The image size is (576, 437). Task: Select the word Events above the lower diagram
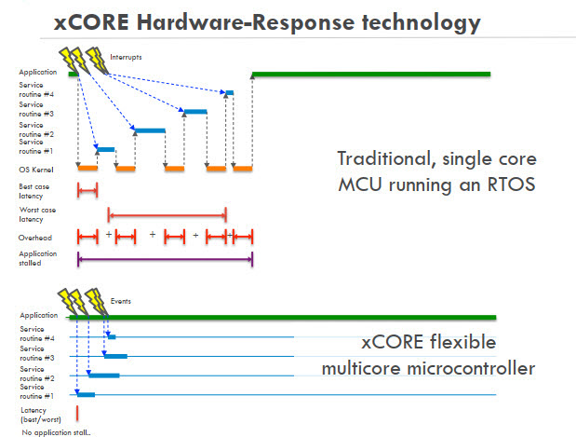[120, 302]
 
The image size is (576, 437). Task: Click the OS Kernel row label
[34, 170]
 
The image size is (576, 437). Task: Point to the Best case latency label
[33, 190]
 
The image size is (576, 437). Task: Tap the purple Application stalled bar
[165, 258]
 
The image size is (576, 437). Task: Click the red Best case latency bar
[87, 190]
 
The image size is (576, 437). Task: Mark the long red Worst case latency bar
[167, 213]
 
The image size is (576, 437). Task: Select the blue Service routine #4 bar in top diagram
[228, 92]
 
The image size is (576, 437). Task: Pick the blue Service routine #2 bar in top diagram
[149, 130]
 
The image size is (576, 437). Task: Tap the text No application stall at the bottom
[56, 432]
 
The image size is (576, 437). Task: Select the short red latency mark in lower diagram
[77, 413]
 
